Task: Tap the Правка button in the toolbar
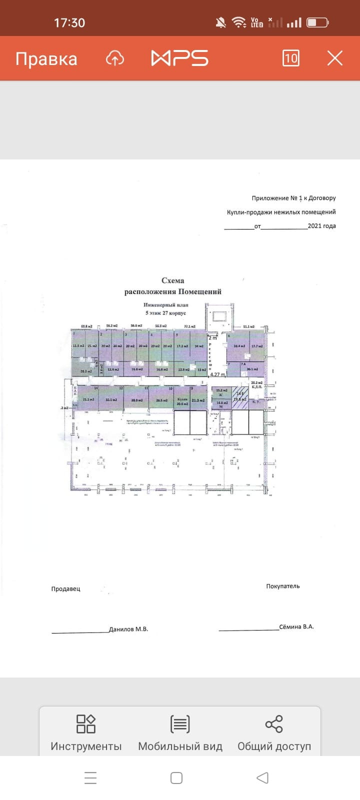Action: click(x=46, y=59)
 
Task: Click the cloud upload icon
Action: click(x=115, y=58)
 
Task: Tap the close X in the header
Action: click(x=334, y=58)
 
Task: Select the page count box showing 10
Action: click(x=290, y=58)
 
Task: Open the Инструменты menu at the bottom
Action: click(x=86, y=732)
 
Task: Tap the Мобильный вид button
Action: click(x=180, y=732)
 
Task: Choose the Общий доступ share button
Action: click(x=274, y=732)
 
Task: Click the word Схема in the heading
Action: click(x=172, y=280)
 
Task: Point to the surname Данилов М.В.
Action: click(x=128, y=629)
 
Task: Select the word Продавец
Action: click(x=65, y=588)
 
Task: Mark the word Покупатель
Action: click(x=283, y=586)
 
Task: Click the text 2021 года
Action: click(x=321, y=225)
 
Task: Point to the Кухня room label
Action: click(x=182, y=399)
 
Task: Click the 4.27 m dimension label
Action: click(x=217, y=374)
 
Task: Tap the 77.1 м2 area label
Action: click(x=189, y=326)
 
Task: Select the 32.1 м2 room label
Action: click(x=111, y=400)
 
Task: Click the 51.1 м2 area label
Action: click(x=248, y=326)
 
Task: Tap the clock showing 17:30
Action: click(x=69, y=22)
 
